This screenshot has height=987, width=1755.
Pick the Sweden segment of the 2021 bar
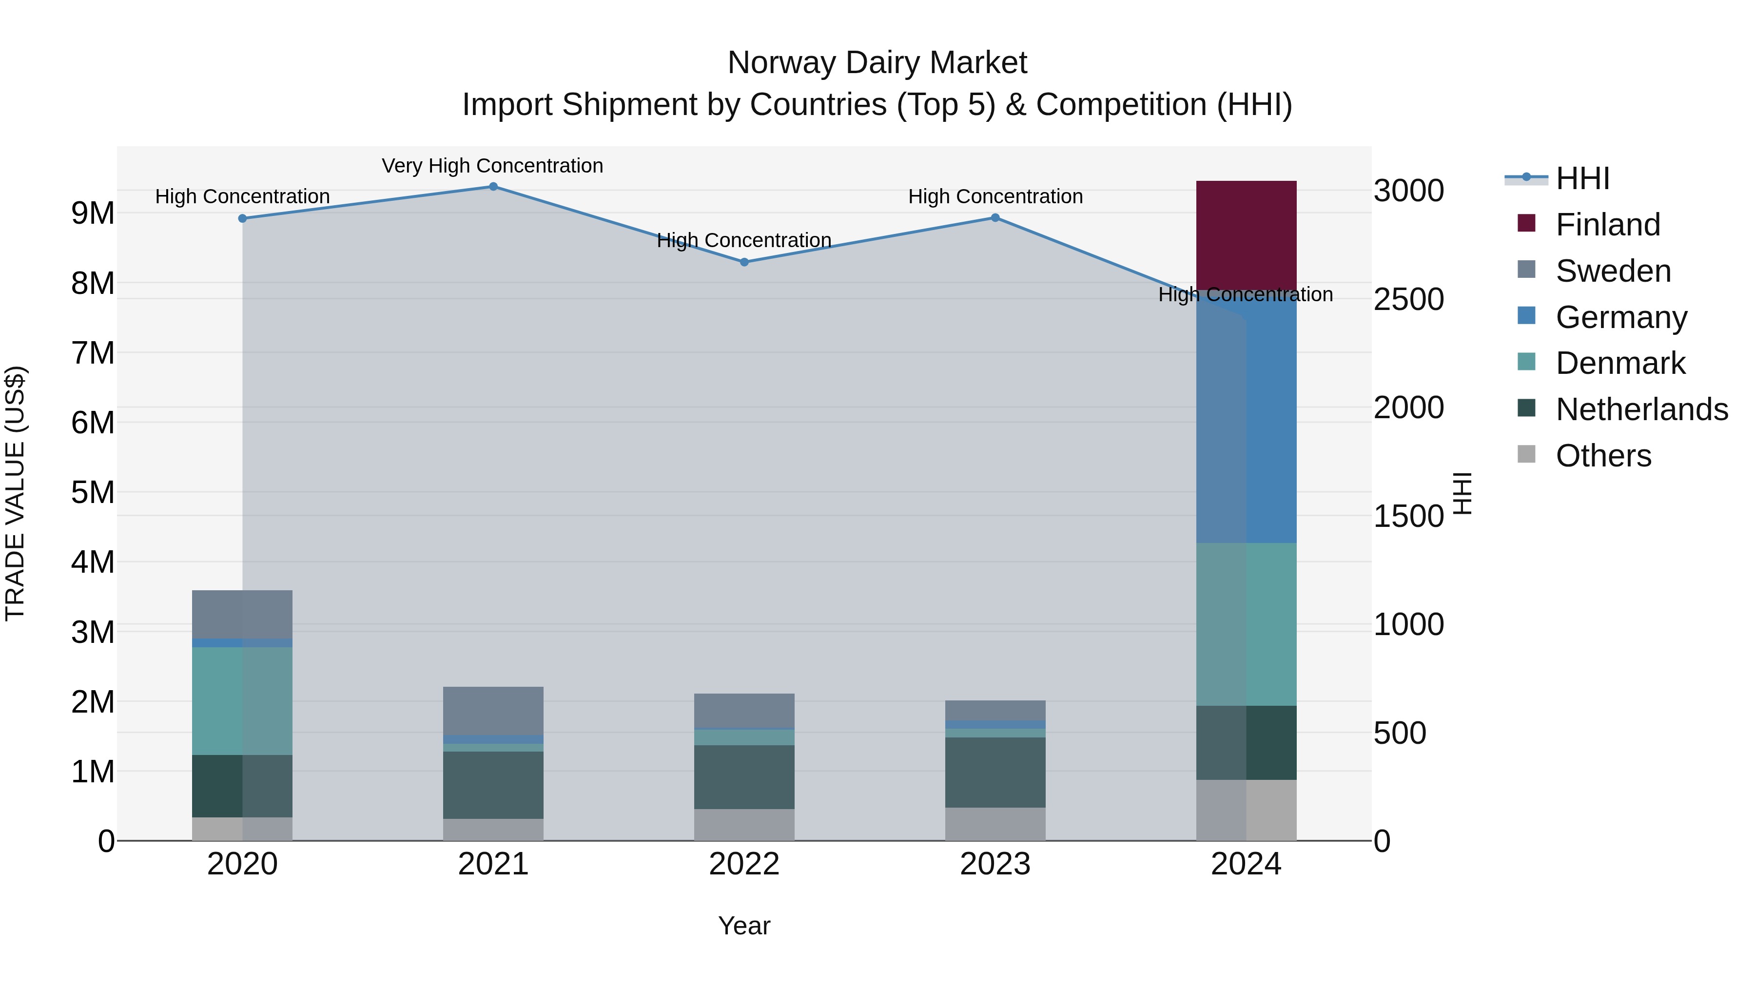(493, 711)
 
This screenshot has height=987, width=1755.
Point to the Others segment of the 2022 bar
(744, 824)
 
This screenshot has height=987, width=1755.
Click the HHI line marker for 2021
(493, 187)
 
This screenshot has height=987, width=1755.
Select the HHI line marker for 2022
(744, 262)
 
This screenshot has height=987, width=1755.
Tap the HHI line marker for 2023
(994, 218)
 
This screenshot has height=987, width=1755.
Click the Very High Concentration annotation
(492, 166)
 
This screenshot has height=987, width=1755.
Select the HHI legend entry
(1582, 178)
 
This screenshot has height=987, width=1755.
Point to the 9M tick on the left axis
(93, 213)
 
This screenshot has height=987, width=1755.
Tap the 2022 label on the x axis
(744, 864)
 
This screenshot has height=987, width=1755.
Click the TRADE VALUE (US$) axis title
(15, 493)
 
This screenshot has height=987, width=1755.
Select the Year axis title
(744, 926)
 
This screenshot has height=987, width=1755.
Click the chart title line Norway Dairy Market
(877, 63)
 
